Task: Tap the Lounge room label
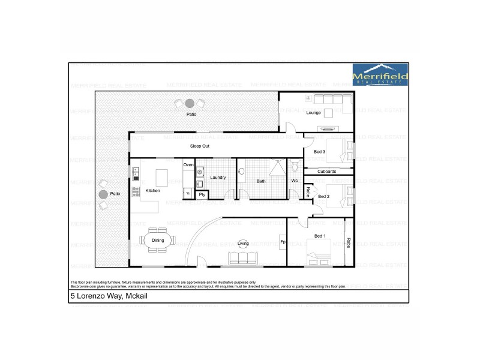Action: (x=314, y=113)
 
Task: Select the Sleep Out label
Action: (x=200, y=146)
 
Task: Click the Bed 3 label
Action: (x=319, y=152)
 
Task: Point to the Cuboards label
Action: (x=326, y=172)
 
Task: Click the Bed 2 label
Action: (x=323, y=196)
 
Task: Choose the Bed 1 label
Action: (x=320, y=236)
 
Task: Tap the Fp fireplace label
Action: (x=283, y=242)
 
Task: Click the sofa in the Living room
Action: (x=242, y=259)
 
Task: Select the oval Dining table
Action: (x=158, y=240)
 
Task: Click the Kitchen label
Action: (x=152, y=191)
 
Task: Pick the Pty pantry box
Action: (x=202, y=194)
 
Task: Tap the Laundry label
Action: (x=217, y=177)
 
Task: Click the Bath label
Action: (x=261, y=181)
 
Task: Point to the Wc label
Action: (x=295, y=180)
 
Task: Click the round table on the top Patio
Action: (x=190, y=103)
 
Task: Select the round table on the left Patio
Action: (x=103, y=194)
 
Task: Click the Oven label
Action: (x=188, y=164)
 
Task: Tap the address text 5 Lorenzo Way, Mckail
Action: (x=108, y=297)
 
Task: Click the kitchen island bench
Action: (x=162, y=178)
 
